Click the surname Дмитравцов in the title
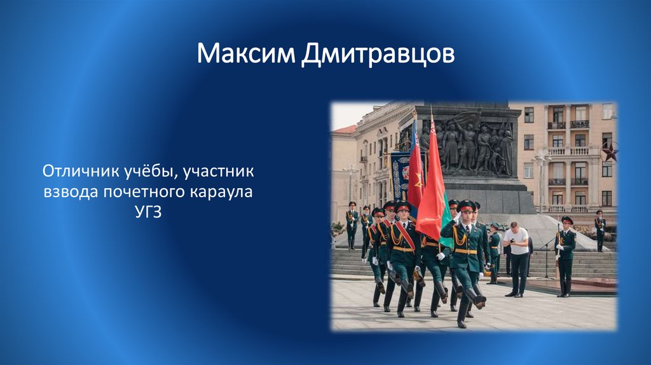pyautogui.click(x=378, y=55)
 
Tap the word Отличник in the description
pyautogui.click(x=81, y=171)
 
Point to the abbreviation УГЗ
pyautogui.click(x=147, y=212)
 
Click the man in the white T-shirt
pyautogui.click(x=517, y=258)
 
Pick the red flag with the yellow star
pyautogui.click(x=415, y=169)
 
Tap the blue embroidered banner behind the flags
pyautogui.click(x=399, y=176)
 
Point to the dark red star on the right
pyautogui.click(x=610, y=151)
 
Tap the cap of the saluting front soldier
pyautogui.click(x=467, y=205)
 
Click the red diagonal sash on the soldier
pyautogui.click(x=404, y=235)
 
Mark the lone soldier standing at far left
pyautogui.click(x=352, y=226)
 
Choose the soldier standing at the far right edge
pyautogui.click(x=600, y=230)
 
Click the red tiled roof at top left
pyautogui.click(x=345, y=130)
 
